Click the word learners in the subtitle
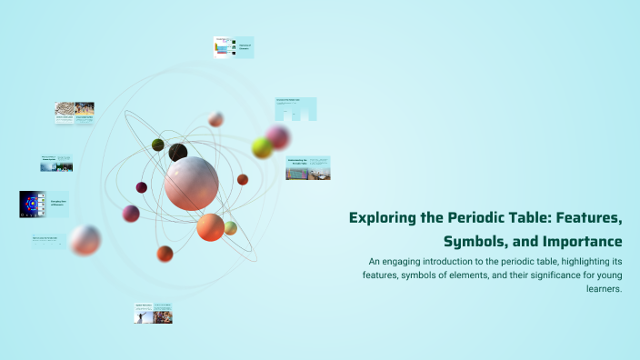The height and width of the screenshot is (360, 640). (x=604, y=289)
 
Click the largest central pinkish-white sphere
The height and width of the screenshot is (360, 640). (x=191, y=183)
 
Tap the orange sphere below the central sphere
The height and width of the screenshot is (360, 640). (x=210, y=227)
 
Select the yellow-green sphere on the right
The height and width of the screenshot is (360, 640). (x=262, y=147)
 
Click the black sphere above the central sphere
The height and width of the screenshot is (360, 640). (x=178, y=153)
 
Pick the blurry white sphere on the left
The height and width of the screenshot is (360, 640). (x=85, y=240)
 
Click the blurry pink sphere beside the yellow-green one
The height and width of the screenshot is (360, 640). (x=278, y=137)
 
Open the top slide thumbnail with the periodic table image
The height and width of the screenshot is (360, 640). (x=233, y=47)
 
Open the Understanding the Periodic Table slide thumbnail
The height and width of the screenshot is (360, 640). (x=307, y=168)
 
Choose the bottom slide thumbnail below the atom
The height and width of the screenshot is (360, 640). (x=154, y=313)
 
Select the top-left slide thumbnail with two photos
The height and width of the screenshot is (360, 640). (x=75, y=113)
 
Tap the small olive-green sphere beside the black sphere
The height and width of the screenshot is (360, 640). (x=158, y=145)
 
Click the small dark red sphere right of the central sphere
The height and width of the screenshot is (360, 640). (x=243, y=179)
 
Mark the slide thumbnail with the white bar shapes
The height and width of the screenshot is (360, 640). (x=295, y=109)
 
